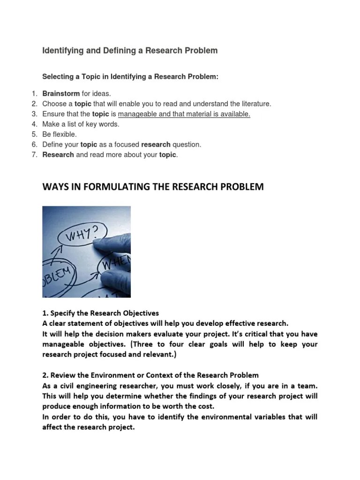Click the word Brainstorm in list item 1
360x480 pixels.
pos(61,94)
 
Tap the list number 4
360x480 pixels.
pos(34,124)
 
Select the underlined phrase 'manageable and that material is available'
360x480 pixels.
pos(184,114)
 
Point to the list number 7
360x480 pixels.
pos(34,155)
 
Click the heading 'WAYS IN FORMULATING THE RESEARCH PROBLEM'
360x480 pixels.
pos(153,187)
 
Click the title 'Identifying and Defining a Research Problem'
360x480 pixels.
pos(130,51)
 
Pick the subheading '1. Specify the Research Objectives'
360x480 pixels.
pos(101,313)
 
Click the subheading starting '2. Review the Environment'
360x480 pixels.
pos(150,375)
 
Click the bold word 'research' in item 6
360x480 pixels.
pos(156,145)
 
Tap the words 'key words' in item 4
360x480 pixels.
pos(105,124)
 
